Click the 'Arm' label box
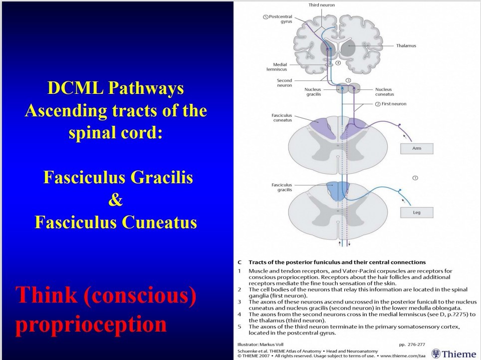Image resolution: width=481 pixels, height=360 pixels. tap(417, 149)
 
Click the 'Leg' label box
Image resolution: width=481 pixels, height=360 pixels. tap(417, 212)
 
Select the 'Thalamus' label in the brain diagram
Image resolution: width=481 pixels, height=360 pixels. tap(406, 45)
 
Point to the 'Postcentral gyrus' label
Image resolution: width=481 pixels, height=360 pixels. tap(280, 19)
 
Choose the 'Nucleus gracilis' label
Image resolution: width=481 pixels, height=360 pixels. tap(313, 92)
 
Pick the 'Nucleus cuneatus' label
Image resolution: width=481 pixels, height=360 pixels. tap(384, 92)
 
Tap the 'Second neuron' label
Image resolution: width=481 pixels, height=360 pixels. tap(284, 82)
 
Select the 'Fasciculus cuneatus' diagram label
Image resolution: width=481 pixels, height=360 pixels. tap(282, 118)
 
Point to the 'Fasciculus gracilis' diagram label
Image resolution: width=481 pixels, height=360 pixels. tap(282, 187)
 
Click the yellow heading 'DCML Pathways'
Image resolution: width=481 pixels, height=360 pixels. tap(116, 89)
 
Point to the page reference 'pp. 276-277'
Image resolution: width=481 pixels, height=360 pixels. tap(412, 344)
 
